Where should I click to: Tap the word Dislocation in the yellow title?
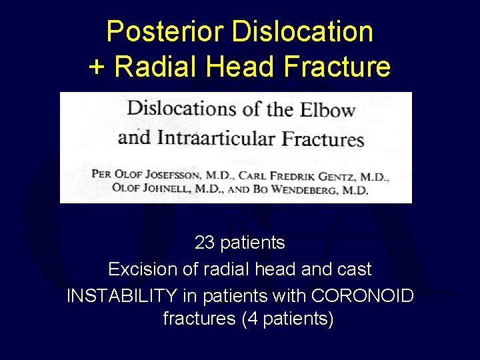click(x=300, y=31)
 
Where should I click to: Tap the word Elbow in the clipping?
click(x=325, y=110)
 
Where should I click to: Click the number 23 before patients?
click(x=204, y=243)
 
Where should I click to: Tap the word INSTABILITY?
click(x=122, y=295)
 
